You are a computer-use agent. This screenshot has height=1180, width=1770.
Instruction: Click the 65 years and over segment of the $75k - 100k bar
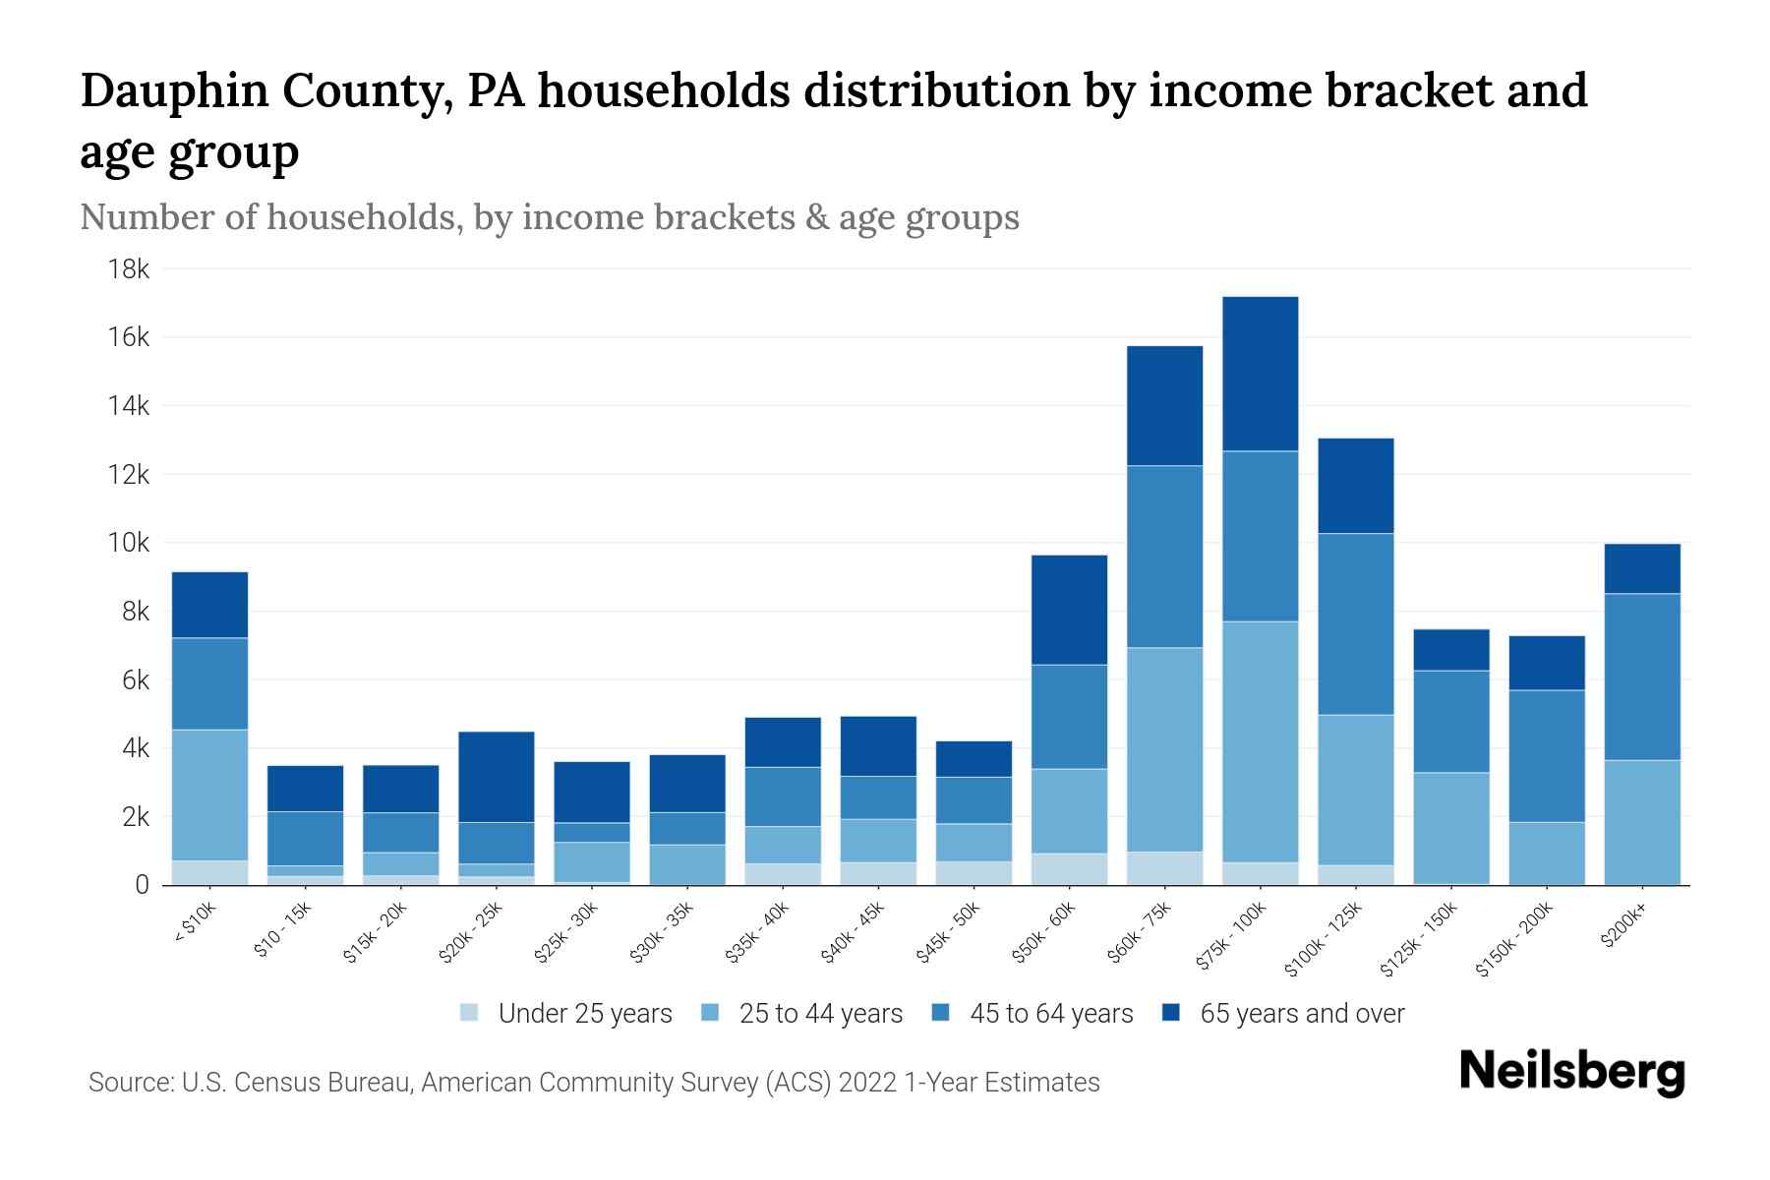[x=1260, y=374]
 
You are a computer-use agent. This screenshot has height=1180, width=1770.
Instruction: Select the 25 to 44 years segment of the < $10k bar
[x=209, y=795]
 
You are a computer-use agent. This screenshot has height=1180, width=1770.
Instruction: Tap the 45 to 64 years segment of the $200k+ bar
[x=1642, y=677]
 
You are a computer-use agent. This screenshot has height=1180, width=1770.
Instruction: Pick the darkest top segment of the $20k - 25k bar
[x=496, y=777]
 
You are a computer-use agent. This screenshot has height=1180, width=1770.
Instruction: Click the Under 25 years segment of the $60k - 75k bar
[x=1164, y=868]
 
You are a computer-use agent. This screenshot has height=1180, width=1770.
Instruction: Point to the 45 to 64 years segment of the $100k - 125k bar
[x=1355, y=623]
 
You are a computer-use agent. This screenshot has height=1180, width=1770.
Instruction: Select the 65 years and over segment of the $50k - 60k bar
[x=1069, y=610]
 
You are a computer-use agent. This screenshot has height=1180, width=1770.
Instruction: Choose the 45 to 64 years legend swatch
[x=941, y=1013]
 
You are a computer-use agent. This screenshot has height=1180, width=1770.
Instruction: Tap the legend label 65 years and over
[x=1302, y=1014]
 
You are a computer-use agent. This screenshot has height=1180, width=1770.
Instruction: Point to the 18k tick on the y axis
[x=128, y=269]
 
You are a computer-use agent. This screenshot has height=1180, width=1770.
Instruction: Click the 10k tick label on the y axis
[x=128, y=543]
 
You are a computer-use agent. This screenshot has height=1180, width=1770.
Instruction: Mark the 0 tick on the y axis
[x=142, y=885]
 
